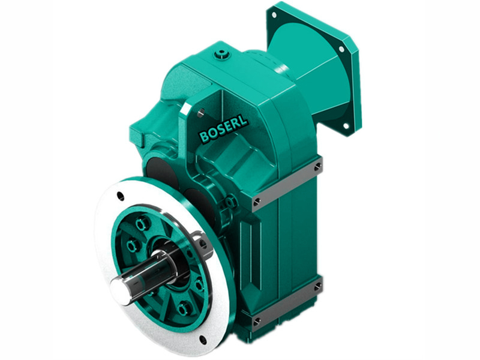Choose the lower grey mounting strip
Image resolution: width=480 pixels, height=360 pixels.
pyautogui.click(x=287, y=301)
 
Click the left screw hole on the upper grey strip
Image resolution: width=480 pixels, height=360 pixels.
pyautogui.click(x=257, y=201)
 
